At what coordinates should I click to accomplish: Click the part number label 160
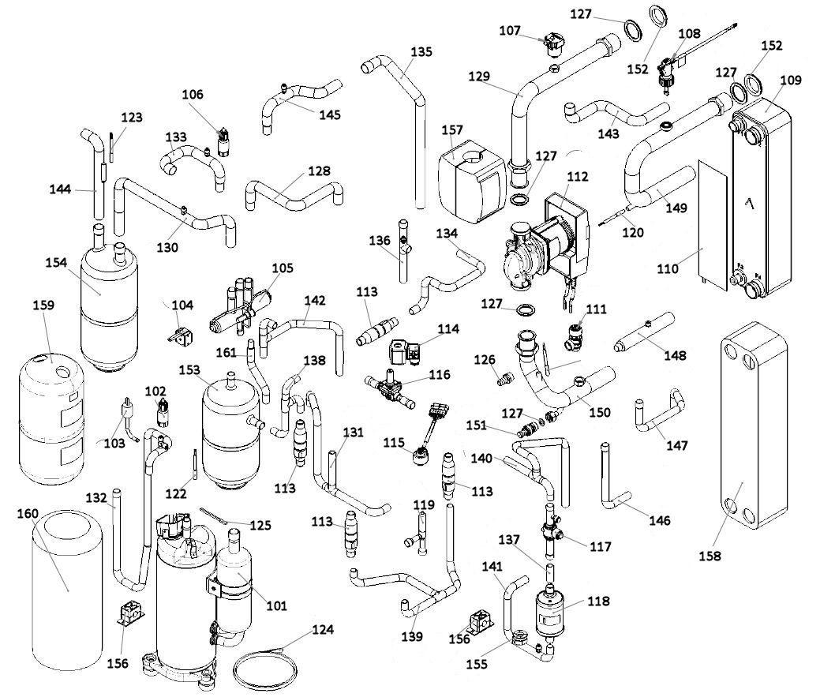click(x=28, y=513)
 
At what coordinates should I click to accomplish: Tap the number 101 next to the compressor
click(x=277, y=605)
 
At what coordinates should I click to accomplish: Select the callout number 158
click(x=710, y=556)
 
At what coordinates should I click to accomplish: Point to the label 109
click(x=790, y=80)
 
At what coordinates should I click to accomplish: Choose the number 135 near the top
click(x=421, y=52)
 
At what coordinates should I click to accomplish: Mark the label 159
click(x=43, y=305)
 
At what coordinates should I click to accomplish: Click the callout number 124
click(x=323, y=630)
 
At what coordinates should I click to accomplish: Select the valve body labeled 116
click(x=390, y=389)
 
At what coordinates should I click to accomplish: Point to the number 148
click(x=675, y=355)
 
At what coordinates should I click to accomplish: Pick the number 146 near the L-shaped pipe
click(x=660, y=520)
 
